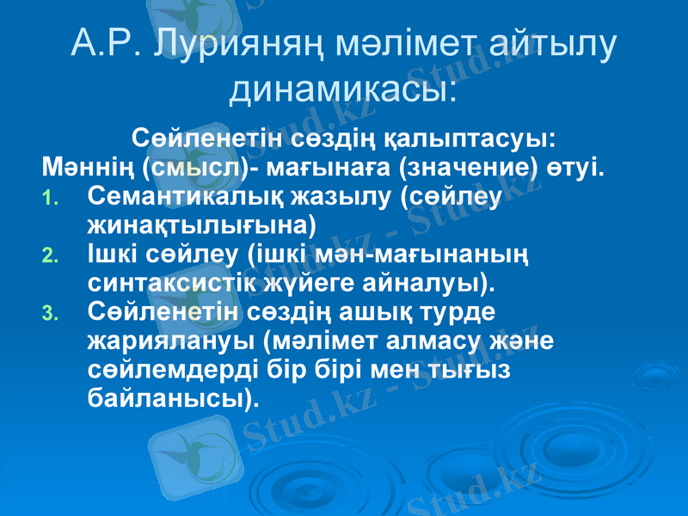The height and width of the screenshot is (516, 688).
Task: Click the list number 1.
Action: pos(49,199)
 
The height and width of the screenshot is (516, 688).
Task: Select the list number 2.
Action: pos(49,255)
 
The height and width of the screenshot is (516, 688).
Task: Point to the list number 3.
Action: pos(49,312)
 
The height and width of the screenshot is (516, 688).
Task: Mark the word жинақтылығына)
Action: pos(201,225)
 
